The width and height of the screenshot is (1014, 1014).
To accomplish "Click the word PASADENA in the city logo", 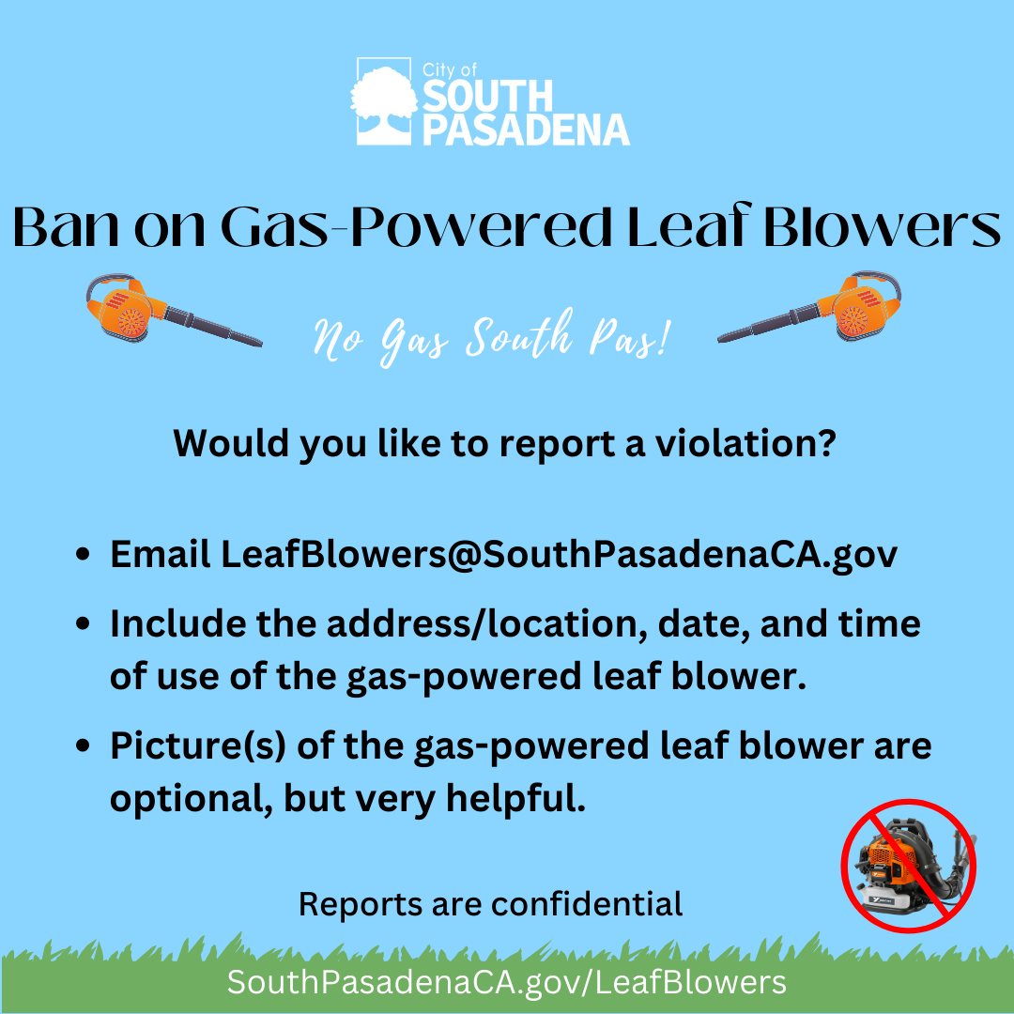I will point(526,129).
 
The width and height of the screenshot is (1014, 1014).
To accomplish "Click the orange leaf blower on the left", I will point(169,309).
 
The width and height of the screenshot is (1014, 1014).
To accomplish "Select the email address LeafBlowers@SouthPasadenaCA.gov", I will point(559,554).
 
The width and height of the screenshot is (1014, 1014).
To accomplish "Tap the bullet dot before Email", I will point(84,555).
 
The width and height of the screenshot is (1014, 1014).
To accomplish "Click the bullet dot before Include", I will point(84,624).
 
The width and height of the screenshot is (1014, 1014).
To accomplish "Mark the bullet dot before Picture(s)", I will point(84,746).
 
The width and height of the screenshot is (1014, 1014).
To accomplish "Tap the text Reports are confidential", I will point(490,903).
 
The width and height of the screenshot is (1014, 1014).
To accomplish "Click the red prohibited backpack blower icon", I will point(908,865).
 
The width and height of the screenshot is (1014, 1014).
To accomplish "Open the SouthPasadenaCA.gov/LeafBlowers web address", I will point(507,982).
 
